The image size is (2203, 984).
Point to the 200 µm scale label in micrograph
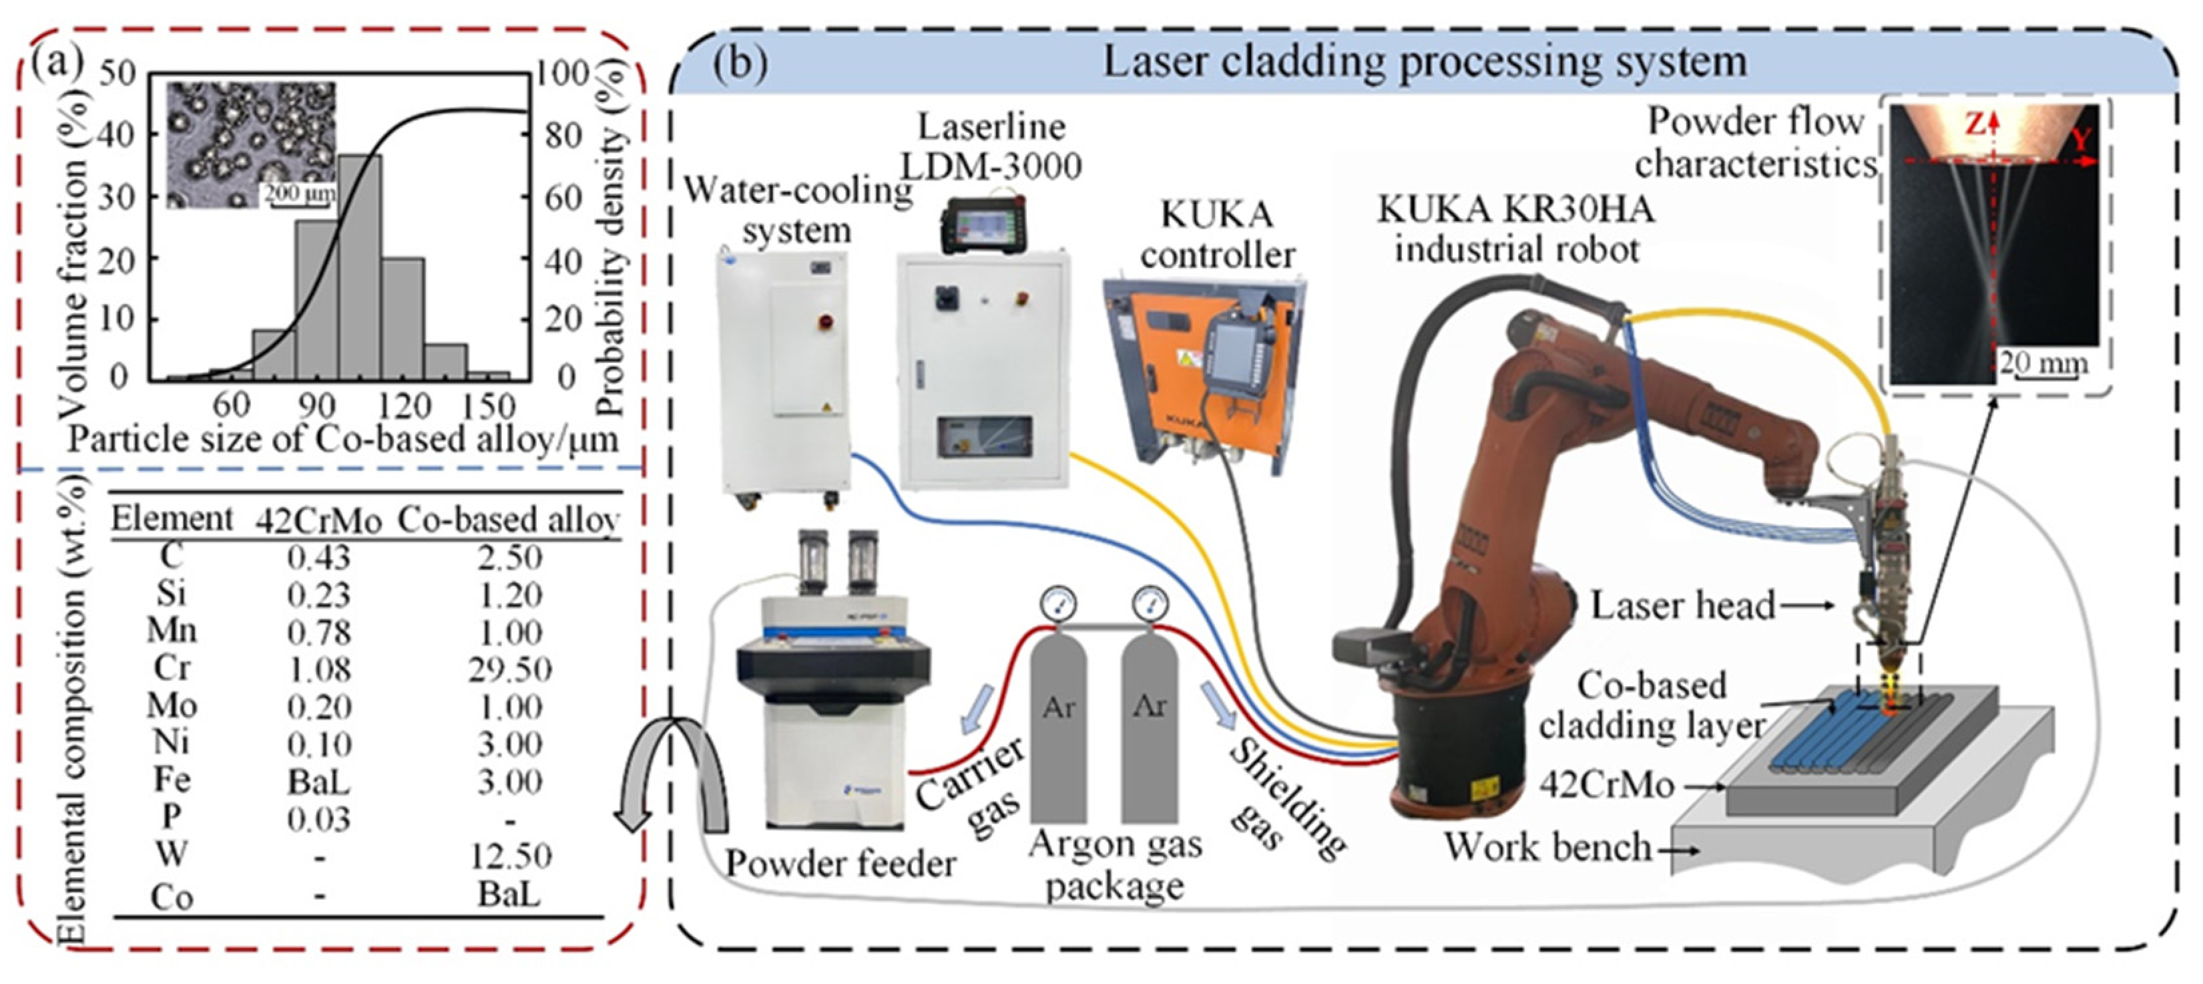tap(298, 193)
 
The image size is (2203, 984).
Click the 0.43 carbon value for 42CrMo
tap(319, 558)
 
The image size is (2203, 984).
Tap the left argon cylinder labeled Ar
tap(1058, 727)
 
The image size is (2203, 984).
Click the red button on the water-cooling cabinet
tap(826, 322)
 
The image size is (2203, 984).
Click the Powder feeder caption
tap(840, 864)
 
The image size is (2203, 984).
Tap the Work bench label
tap(1548, 848)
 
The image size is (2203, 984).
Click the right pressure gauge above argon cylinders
tap(1150, 603)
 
